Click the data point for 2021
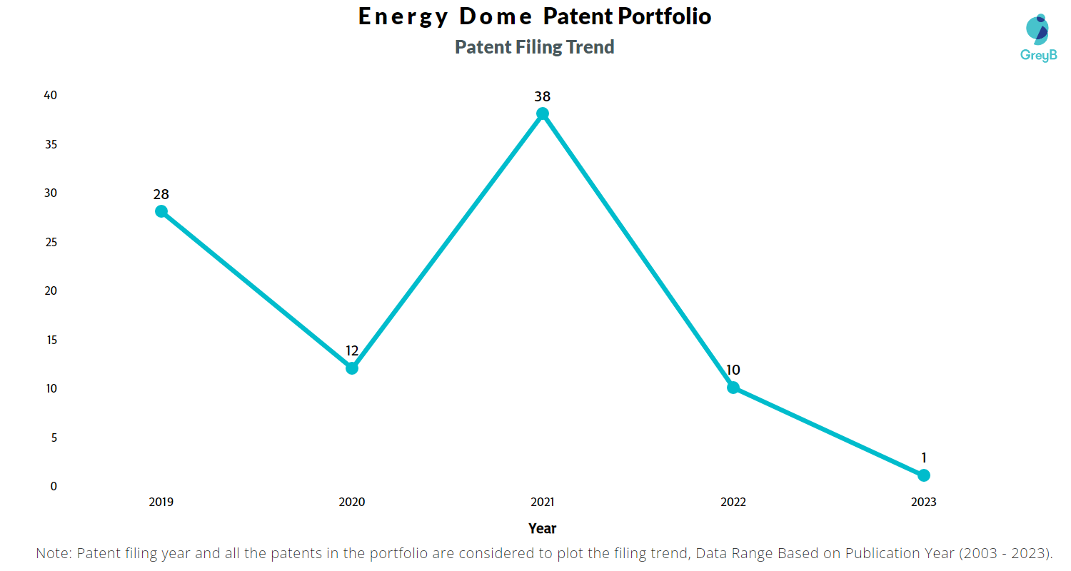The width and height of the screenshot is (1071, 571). tap(543, 113)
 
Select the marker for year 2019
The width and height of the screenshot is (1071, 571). tap(161, 211)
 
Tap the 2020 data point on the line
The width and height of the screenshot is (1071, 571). tap(352, 368)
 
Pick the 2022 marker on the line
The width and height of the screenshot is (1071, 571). tap(733, 388)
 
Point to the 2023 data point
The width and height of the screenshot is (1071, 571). tap(924, 475)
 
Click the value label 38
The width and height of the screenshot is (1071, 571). tap(543, 96)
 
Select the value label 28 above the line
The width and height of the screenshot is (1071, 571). tap(161, 194)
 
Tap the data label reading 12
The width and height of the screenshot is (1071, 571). tap(352, 351)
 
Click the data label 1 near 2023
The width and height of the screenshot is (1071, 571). tap(924, 458)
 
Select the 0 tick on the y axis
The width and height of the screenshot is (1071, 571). tap(53, 486)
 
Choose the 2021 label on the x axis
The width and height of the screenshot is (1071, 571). tap(543, 502)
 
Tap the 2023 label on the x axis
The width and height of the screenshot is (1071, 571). tap(924, 502)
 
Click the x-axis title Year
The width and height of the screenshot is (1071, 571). tap(543, 528)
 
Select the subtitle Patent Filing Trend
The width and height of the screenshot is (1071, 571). tap(535, 47)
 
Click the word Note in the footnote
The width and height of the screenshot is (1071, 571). tap(54, 553)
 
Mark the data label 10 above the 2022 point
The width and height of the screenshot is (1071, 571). tap(733, 370)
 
